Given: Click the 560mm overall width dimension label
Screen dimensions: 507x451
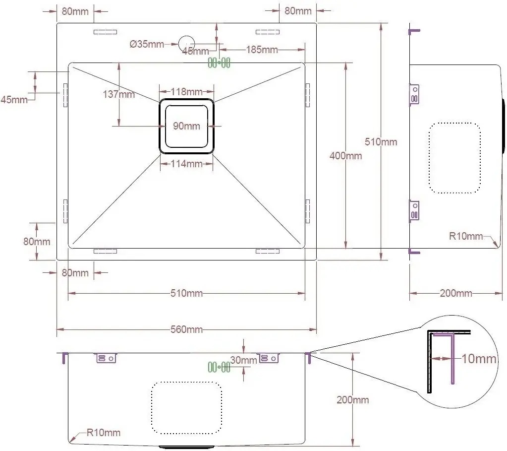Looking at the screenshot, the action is (x=186, y=329).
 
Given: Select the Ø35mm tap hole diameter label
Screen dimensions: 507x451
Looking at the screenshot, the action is (x=147, y=44).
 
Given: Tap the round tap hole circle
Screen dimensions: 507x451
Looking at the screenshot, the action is (x=186, y=43).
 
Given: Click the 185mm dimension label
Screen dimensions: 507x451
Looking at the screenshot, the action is (x=262, y=50).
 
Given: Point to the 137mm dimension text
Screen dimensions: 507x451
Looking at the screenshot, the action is (x=118, y=94).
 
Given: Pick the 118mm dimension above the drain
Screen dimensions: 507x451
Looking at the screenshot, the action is (x=186, y=92).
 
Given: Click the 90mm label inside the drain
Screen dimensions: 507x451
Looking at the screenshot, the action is (x=186, y=126).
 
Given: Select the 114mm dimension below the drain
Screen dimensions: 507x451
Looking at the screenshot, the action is (x=186, y=164).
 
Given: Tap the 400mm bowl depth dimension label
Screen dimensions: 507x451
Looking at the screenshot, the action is (x=345, y=156).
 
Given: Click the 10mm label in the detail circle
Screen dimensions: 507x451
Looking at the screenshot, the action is (x=479, y=359).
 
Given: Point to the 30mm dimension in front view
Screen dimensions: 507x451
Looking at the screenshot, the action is (x=243, y=360).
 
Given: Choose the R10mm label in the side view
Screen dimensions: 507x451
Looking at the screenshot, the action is (x=466, y=236).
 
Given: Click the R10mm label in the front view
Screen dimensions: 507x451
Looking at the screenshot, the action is (x=104, y=433).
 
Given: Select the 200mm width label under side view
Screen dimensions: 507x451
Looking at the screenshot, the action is (x=456, y=293).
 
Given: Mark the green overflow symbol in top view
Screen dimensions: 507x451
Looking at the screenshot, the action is (x=219, y=63).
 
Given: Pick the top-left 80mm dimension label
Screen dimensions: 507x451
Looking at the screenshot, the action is (x=75, y=11).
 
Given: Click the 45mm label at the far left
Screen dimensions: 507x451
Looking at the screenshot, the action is (x=14, y=99).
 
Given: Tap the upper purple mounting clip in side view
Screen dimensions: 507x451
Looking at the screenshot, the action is (x=414, y=94).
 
